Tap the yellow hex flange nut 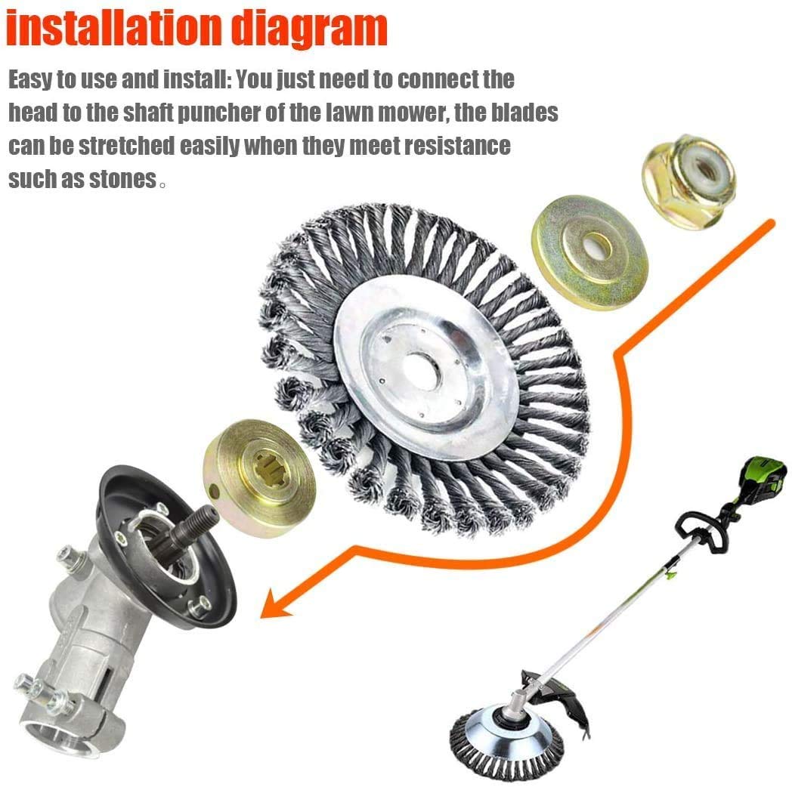(688, 182)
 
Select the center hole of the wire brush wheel (422, 372)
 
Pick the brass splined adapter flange (259, 477)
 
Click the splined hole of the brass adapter (272, 474)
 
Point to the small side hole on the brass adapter (214, 491)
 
